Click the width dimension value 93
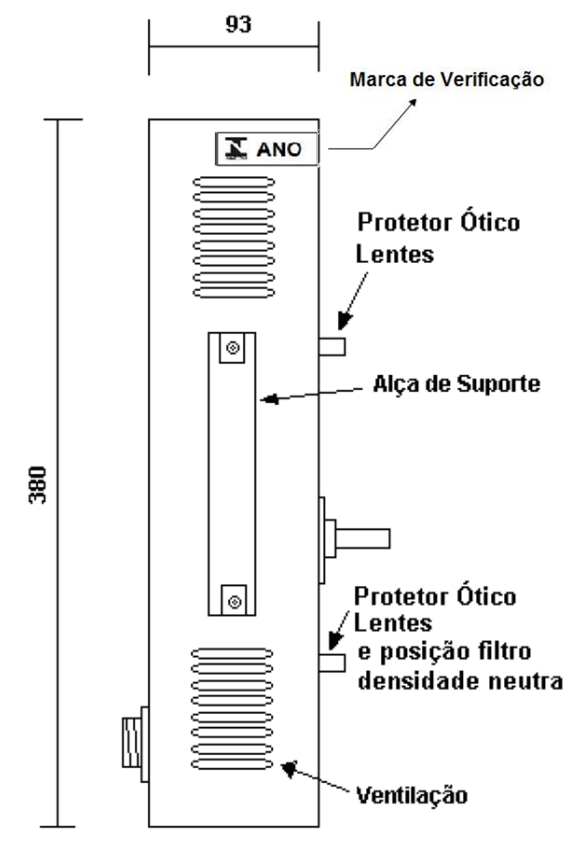238,25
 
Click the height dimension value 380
38,485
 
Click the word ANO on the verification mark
278,150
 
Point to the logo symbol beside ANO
236,148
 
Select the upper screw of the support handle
232,348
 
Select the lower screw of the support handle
234,601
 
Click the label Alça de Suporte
457,384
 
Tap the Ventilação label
411,795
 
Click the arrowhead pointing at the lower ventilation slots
289,768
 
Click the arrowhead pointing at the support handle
269,399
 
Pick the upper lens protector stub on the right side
332,346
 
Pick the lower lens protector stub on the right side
332,663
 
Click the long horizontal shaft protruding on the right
362,538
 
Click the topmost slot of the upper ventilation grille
234,182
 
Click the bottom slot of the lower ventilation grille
232,764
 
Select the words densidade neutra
460,680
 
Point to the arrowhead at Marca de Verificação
411,104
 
